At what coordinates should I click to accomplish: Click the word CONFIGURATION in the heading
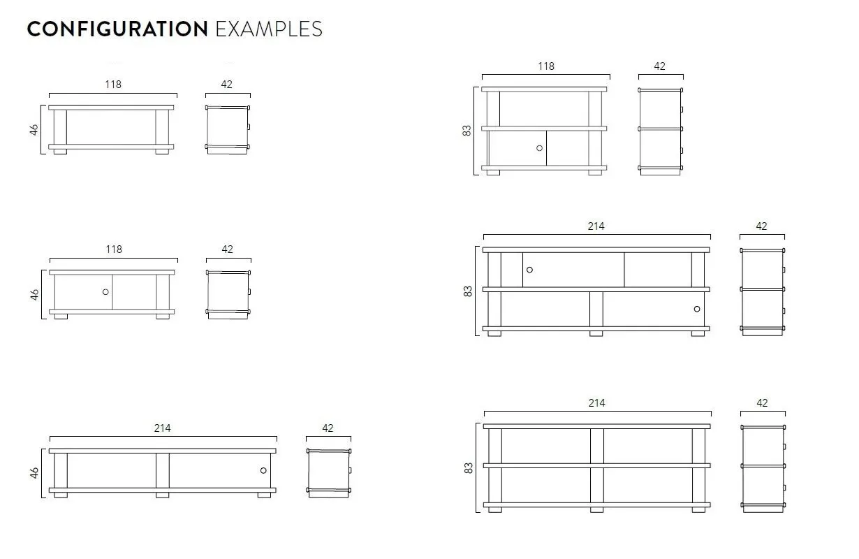tap(117, 29)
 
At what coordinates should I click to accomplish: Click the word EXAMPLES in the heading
tap(269, 29)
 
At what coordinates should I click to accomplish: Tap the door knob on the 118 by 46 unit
tap(105, 292)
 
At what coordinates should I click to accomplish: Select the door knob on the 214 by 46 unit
tap(263, 470)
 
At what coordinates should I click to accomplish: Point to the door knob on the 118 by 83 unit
tap(539, 148)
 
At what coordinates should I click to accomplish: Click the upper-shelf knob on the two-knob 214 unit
tap(529, 270)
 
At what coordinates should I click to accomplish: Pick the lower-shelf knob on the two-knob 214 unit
tap(697, 309)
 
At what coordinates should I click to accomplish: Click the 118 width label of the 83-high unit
tap(546, 66)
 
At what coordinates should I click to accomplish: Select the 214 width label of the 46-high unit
tap(163, 428)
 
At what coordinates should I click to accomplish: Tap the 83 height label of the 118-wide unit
tap(467, 131)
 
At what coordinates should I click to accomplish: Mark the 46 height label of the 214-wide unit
tap(34, 473)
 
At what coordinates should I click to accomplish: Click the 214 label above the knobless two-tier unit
tap(596, 403)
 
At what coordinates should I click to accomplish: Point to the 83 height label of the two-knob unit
tap(468, 291)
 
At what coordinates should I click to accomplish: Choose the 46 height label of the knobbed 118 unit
tap(34, 295)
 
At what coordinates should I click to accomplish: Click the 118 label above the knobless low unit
tap(113, 85)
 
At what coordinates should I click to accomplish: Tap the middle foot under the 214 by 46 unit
tap(162, 495)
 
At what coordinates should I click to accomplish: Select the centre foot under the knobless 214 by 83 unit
tap(596, 510)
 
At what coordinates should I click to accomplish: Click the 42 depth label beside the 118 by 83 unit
tap(659, 66)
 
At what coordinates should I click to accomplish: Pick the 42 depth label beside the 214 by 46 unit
tap(328, 428)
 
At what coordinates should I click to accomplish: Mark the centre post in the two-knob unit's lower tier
tap(596, 310)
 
